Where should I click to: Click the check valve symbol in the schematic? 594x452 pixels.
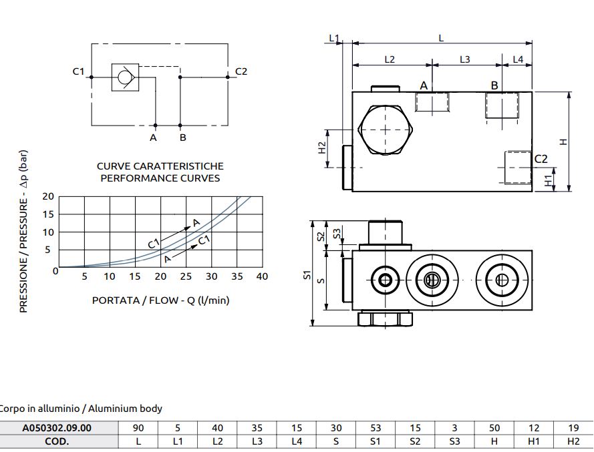[x=125, y=77]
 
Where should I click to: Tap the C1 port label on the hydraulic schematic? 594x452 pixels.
[x=78, y=71]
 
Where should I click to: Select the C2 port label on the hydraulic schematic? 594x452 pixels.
[x=241, y=71]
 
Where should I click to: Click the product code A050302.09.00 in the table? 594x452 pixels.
[x=57, y=428]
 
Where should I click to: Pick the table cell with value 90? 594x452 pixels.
[x=138, y=428]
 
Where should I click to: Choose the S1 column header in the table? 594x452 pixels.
[x=376, y=441]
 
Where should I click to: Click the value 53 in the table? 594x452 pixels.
[x=376, y=428]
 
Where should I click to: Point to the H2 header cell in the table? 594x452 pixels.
[x=573, y=441]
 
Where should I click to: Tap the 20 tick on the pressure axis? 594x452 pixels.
[x=48, y=196]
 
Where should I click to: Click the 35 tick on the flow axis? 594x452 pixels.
[x=237, y=276]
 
